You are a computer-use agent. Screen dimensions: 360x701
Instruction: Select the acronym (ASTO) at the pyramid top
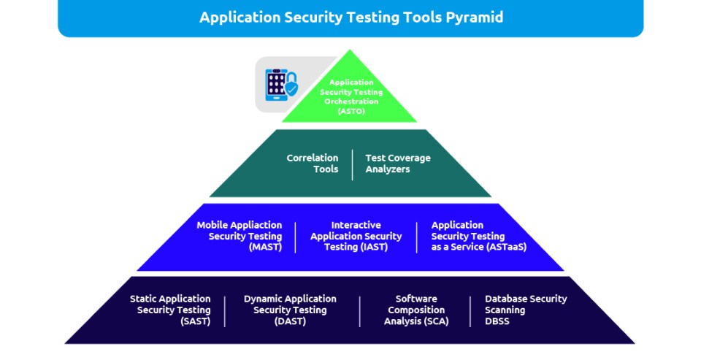(351, 110)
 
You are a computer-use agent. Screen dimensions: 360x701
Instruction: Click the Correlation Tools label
(313, 164)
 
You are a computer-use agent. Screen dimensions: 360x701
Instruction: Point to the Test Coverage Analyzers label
(398, 164)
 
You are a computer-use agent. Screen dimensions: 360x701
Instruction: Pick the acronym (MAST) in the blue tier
(266, 247)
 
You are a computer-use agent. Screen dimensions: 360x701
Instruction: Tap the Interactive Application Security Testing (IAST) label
(356, 236)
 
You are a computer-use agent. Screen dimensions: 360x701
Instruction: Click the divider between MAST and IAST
(296, 237)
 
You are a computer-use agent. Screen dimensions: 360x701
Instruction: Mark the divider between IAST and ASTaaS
(417, 237)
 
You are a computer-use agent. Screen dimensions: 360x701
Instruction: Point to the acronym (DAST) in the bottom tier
(290, 321)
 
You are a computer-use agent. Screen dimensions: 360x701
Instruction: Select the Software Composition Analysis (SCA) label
(416, 310)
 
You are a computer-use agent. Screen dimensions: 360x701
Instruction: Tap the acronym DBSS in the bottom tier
(497, 321)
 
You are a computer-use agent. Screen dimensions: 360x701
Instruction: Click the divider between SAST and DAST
(225, 311)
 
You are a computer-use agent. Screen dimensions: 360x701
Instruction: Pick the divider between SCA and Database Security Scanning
(470, 311)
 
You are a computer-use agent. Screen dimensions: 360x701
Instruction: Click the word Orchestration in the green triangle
(351, 102)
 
